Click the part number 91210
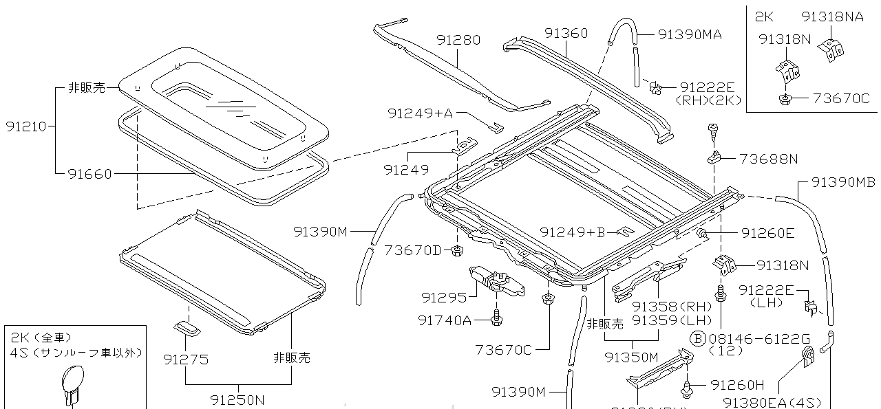point(26,126)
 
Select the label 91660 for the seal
point(89,174)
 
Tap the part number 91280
point(458,41)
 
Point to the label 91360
point(566,33)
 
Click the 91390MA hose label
point(690,34)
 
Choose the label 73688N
point(769,159)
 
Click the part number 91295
point(444,297)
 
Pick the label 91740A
point(445,320)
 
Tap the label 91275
point(186,359)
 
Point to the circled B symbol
point(698,338)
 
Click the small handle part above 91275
point(187,327)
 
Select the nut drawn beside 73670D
point(456,250)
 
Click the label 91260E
point(767,233)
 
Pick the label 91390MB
point(842,182)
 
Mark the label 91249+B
point(572,232)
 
